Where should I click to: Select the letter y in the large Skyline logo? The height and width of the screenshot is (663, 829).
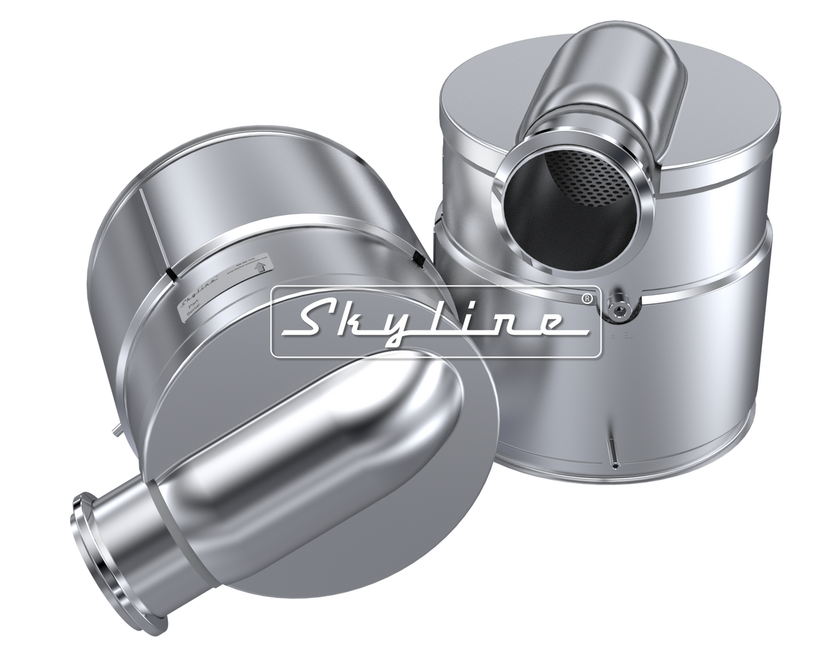point(410,326)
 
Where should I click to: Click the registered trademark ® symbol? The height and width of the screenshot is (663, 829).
point(585,298)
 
